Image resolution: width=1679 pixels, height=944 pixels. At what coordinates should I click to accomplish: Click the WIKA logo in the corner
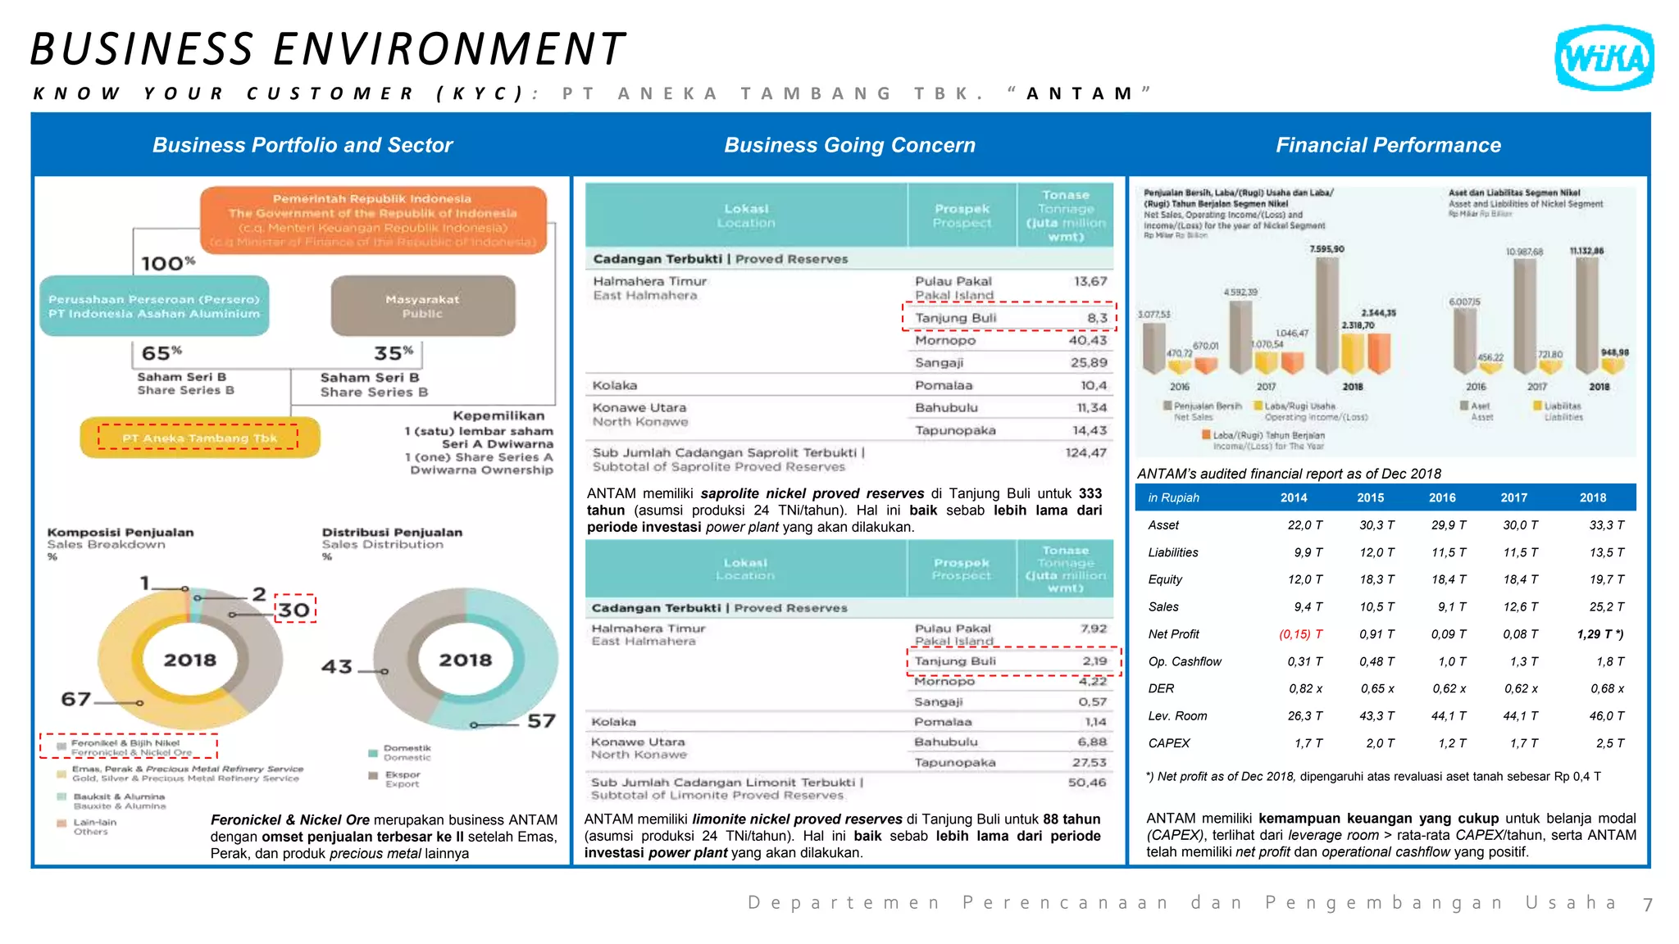click(x=1604, y=57)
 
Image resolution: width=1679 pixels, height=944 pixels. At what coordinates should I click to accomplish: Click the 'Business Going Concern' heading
click(x=849, y=145)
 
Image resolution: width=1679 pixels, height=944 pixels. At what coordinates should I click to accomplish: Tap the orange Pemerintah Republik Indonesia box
click(x=373, y=220)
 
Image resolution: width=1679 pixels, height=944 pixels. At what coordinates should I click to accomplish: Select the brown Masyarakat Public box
click(x=423, y=306)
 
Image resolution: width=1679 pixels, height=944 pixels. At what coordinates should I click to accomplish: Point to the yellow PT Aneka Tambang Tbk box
click(x=199, y=438)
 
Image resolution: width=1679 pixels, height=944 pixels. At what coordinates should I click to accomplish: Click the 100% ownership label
click(x=167, y=263)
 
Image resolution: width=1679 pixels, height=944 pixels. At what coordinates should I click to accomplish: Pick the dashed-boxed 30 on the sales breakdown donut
click(x=294, y=610)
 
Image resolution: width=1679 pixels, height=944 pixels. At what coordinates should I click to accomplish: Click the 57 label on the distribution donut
click(x=541, y=720)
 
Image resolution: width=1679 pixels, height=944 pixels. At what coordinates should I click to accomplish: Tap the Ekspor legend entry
click(x=402, y=778)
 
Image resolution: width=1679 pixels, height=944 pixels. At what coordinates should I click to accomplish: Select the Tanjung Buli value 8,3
click(x=1097, y=318)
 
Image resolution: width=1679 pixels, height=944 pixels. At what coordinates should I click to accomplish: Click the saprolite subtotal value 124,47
click(x=1085, y=452)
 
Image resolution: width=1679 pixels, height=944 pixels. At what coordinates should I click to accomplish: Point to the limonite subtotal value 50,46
click(x=1086, y=783)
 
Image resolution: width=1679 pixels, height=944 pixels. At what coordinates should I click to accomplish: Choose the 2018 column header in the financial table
click(x=1592, y=497)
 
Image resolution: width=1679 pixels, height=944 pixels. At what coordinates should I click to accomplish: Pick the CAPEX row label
click(x=1168, y=743)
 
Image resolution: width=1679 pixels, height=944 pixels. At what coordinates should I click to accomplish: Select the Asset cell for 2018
click(x=1605, y=525)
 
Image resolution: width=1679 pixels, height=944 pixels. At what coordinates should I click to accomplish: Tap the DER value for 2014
click(x=1304, y=688)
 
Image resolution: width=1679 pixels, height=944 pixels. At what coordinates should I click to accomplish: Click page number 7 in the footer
click(x=1646, y=904)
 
